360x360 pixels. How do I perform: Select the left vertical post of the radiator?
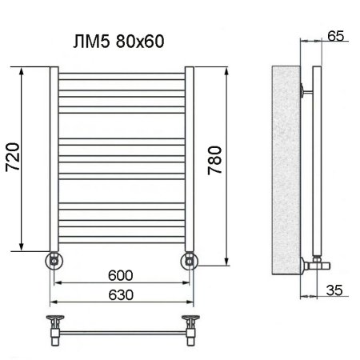(53, 160)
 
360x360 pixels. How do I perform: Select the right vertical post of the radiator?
(190, 160)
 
